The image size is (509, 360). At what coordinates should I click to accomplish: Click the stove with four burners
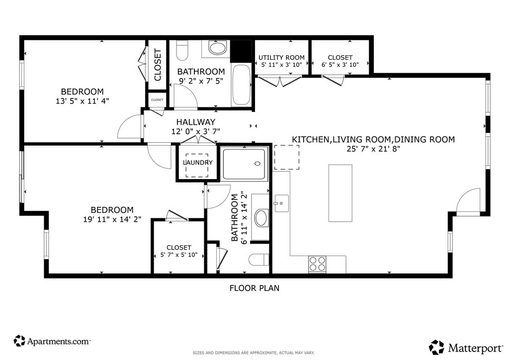coord(317,264)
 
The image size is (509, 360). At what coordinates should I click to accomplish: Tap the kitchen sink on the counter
coord(281,203)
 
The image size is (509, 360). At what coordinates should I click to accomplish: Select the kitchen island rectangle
coord(340,193)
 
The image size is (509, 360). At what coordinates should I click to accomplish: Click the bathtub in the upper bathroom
coord(241,85)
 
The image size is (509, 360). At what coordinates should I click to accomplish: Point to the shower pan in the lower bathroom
coord(244,164)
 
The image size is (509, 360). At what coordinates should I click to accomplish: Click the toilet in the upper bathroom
coord(182,50)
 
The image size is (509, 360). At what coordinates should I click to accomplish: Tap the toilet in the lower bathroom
coord(258,260)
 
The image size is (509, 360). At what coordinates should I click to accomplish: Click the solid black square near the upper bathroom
coord(241,51)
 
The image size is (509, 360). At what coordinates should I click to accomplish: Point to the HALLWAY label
coord(196,122)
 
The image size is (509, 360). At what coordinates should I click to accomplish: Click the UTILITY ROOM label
coord(281,58)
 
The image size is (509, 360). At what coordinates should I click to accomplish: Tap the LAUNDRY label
coord(198,162)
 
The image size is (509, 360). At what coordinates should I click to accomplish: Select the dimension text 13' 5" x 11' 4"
coord(83,101)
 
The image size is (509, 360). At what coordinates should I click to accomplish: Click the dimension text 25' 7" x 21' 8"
coord(373,149)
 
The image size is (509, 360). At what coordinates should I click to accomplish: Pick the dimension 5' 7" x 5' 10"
coord(179,255)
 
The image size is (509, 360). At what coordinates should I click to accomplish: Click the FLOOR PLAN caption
coord(254,288)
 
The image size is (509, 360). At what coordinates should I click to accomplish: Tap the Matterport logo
coord(466,348)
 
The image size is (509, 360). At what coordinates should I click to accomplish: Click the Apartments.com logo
coord(52,341)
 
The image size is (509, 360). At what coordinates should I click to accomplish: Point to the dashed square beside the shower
coord(287,157)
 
